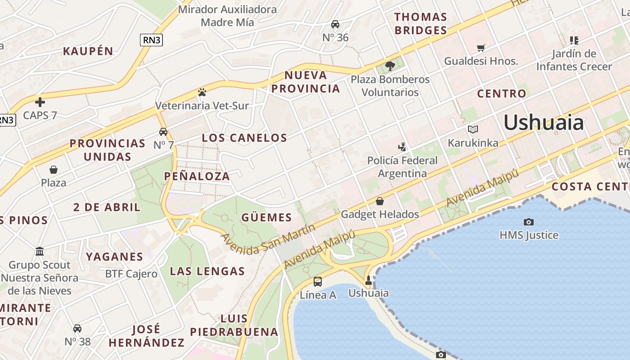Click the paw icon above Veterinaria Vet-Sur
pyautogui.click(x=202, y=92)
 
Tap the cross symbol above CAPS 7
pyautogui.click(x=40, y=102)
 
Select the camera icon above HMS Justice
pyautogui.click(x=529, y=222)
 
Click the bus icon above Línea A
pyautogui.click(x=318, y=282)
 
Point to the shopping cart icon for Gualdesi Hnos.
pyautogui.click(x=481, y=47)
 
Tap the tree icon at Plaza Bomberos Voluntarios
pyautogui.click(x=390, y=66)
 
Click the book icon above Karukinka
pyautogui.click(x=472, y=130)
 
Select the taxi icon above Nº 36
pyautogui.click(x=335, y=24)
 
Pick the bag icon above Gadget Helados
pyautogui.click(x=380, y=201)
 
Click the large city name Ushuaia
pyautogui.click(x=544, y=122)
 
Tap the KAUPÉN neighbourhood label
pyautogui.click(x=88, y=51)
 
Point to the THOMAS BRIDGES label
pyautogui.click(x=421, y=24)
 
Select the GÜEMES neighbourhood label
pyautogui.click(x=267, y=218)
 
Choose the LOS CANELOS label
pyautogui.click(x=244, y=138)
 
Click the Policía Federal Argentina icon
pyautogui.click(x=402, y=147)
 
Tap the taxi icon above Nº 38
pyautogui.click(x=77, y=328)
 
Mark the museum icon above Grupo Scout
pyautogui.click(x=40, y=251)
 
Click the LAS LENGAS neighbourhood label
pyautogui.click(x=207, y=271)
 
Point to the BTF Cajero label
pyautogui.click(x=131, y=274)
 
